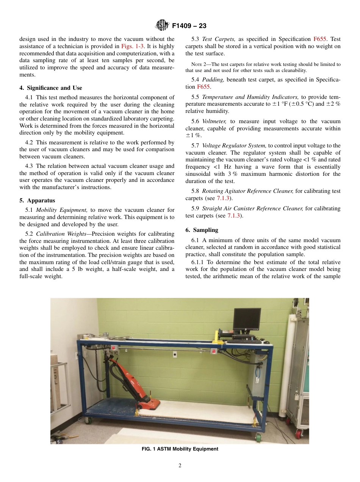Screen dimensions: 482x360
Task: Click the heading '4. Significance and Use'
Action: pos(50,88)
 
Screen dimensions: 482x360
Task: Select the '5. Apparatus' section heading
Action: pos(37,200)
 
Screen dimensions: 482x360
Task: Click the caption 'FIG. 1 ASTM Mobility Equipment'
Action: pos(180,449)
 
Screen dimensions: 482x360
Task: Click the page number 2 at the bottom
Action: pos(180,466)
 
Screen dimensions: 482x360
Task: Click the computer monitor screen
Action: pos(247,319)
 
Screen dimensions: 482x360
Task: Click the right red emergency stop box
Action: pos(213,351)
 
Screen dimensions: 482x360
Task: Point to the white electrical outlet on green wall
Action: pos(175,355)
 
